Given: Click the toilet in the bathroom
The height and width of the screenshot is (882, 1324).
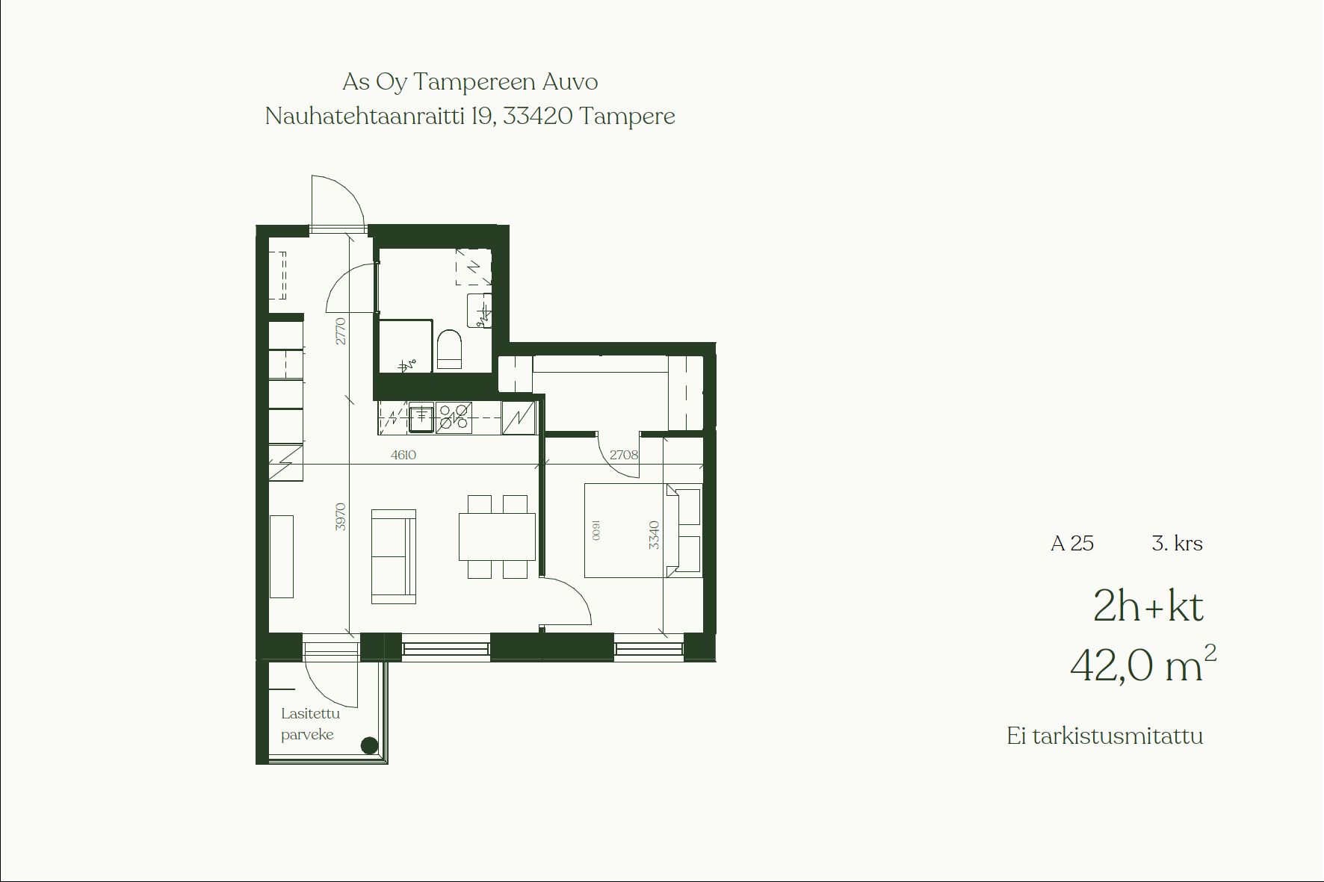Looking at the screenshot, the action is (x=449, y=350).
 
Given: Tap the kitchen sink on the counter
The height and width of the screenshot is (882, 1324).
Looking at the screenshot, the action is (x=421, y=418).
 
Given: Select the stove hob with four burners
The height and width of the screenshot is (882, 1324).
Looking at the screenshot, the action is (x=454, y=418).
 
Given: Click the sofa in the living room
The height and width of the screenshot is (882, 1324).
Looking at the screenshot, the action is (x=394, y=556).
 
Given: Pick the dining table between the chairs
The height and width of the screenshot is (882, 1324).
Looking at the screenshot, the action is (x=498, y=536).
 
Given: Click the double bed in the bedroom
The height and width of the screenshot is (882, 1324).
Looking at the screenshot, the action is (x=643, y=530).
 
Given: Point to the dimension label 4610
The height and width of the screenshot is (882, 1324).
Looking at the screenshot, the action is (x=403, y=455).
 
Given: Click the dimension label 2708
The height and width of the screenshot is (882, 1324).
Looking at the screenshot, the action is (x=624, y=454).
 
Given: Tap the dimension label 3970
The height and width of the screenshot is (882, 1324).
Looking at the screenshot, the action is (x=341, y=516).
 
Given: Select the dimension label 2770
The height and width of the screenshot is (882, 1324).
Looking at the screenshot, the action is (x=341, y=331).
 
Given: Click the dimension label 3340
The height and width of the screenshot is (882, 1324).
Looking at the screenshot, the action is (x=655, y=535).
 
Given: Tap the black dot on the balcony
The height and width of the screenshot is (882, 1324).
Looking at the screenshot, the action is (x=369, y=745).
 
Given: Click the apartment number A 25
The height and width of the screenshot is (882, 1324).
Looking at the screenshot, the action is (x=1072, y=544).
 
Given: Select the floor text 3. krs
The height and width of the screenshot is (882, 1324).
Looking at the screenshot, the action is (x=1178, y=544).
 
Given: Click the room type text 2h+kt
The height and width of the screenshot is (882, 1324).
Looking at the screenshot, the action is (x=1148, y=606).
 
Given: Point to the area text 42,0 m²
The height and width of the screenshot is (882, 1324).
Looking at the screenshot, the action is (x=1143, y=664).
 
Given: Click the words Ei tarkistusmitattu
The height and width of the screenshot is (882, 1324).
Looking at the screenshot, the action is (x=1105, y=736).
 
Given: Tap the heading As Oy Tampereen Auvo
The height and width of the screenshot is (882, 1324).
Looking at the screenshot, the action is (x=470, y=82).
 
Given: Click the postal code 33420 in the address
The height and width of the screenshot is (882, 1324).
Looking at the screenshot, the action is (x=538, y=117).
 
